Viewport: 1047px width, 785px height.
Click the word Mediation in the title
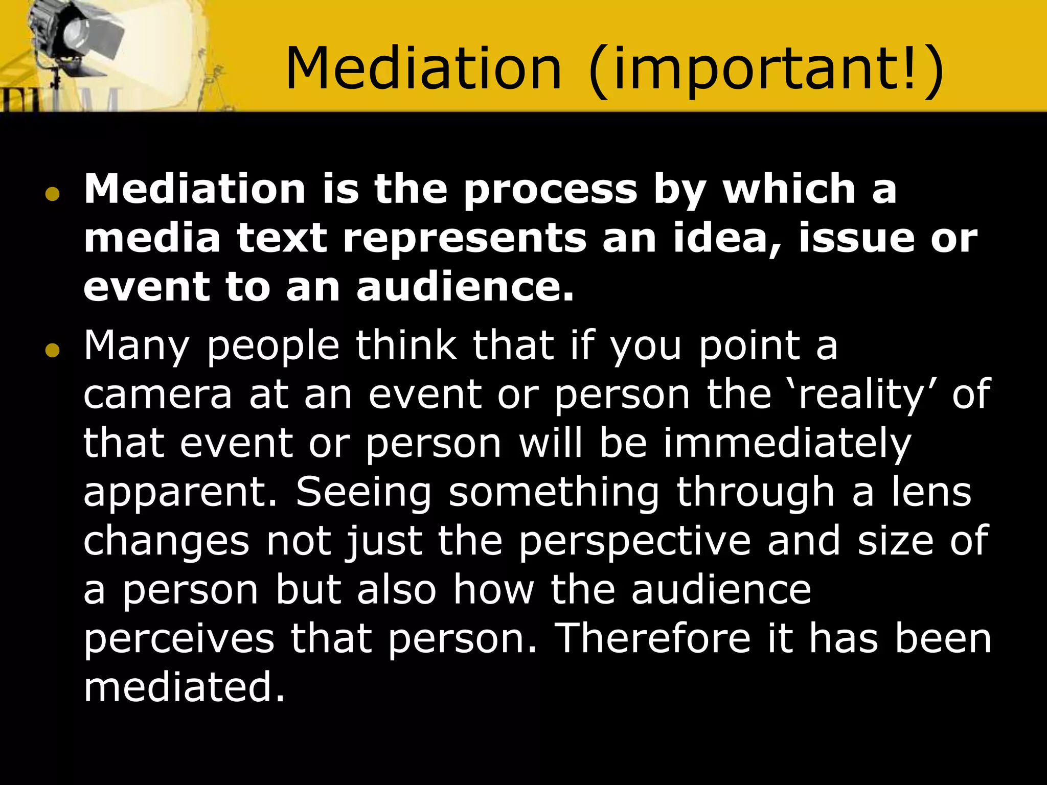pyautogui.click(x=423, y=69)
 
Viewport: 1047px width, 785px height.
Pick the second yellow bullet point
pyautogui.click(x=52, y=351)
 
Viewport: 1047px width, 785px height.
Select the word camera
pyautogui.click(x=157, y=395)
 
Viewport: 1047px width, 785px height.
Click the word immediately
pyautogui.click(x=787, y=444)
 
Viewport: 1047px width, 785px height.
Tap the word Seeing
pyautogui.click(x=363, y=492)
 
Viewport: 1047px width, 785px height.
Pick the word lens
pyautogui.click(x=931, y=492)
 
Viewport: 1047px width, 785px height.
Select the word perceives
pyautogui.click(x=179, y=639)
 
